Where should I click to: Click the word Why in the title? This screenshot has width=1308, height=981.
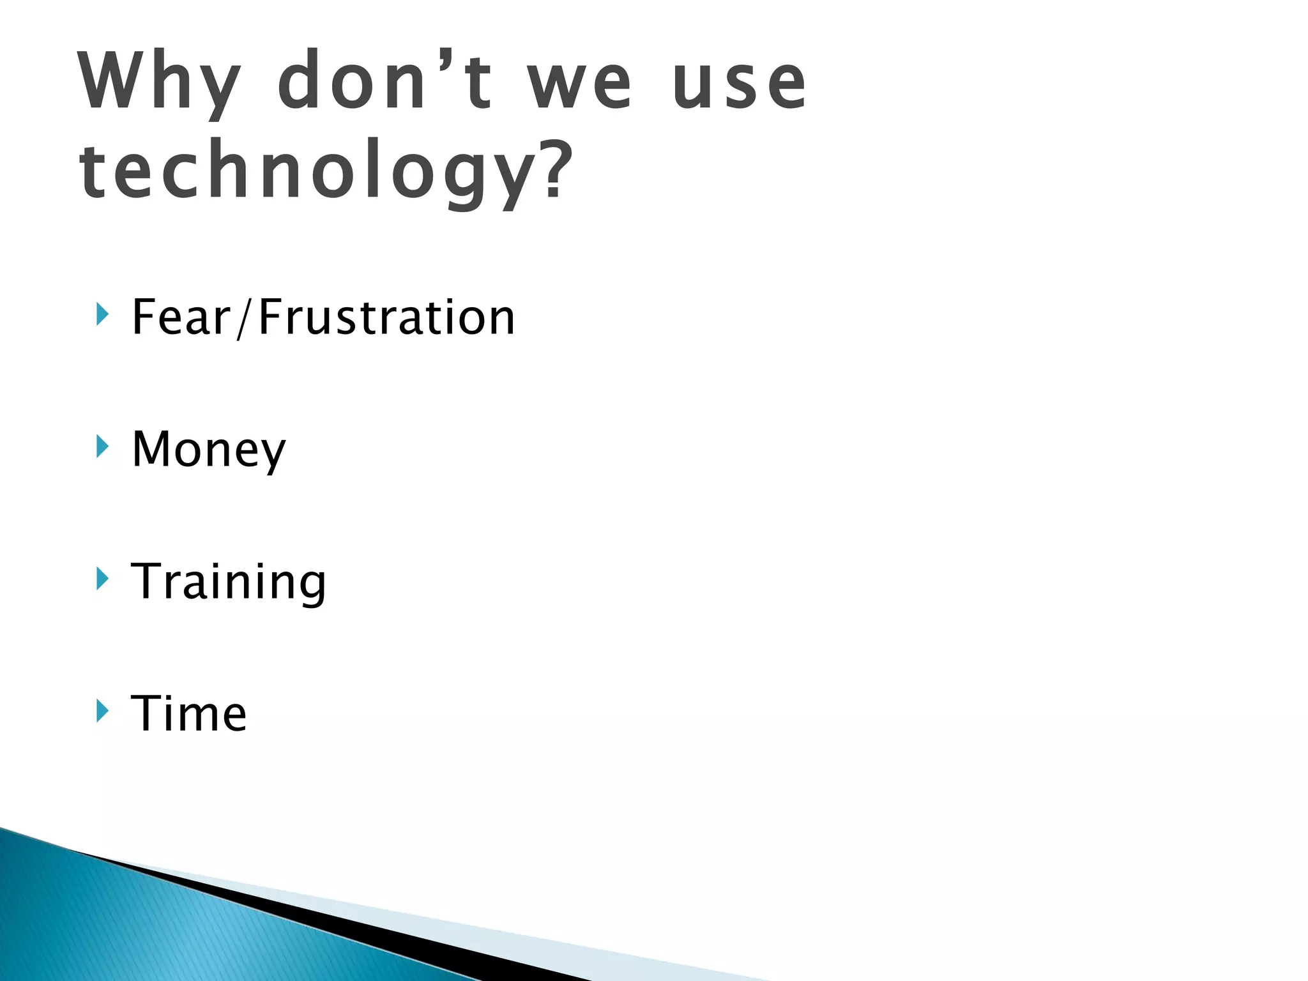pyautogui.click(x=160, y=83)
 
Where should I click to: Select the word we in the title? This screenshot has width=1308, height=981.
pyautogui.click(x=579, y=86)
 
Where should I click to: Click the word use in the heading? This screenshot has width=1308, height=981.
pyautogui.click(x=740, y=86)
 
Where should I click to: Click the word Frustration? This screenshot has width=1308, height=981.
pyautogui.click(x=386, y=317)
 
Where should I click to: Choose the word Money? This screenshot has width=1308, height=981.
pyautogui.click(x=208, y=450)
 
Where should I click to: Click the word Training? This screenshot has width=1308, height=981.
pyautogui.click(x=228, y=582)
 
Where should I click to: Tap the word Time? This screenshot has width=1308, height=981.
pyautogui.click(x=188, y=713)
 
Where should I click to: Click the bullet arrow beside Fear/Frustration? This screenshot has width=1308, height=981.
pyautogui.click(x=102, y=314)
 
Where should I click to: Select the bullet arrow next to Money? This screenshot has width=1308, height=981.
pyautogui.click(x=102, y=446)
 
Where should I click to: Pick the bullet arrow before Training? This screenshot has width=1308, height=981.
pyautogui.click(x=102, y=579)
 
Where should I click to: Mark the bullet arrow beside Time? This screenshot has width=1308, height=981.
pyautogui.click(x=102, y=710)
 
